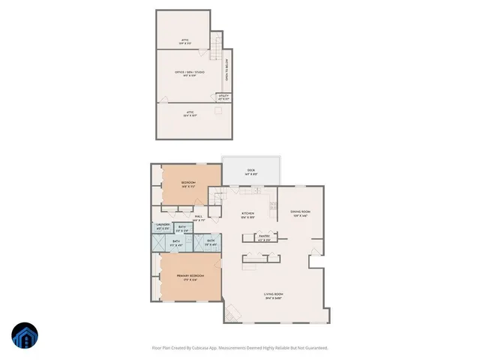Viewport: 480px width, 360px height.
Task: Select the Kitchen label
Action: click(x=248, y=214)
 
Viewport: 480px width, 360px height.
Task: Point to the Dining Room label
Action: click(x=301, y=213)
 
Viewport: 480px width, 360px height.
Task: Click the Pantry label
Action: click(x=264, y=237)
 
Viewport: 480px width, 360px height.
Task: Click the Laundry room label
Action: click(x=163, y=227)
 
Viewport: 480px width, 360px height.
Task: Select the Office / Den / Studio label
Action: click(x=190, y=73)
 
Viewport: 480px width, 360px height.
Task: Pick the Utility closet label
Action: click(x=223, y=97)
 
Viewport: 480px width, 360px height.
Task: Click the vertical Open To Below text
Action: click(x=226, y=73)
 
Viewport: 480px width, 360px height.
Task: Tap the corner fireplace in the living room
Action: click(x=232, y=311)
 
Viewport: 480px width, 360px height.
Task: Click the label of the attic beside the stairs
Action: click(x=184, y=43)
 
